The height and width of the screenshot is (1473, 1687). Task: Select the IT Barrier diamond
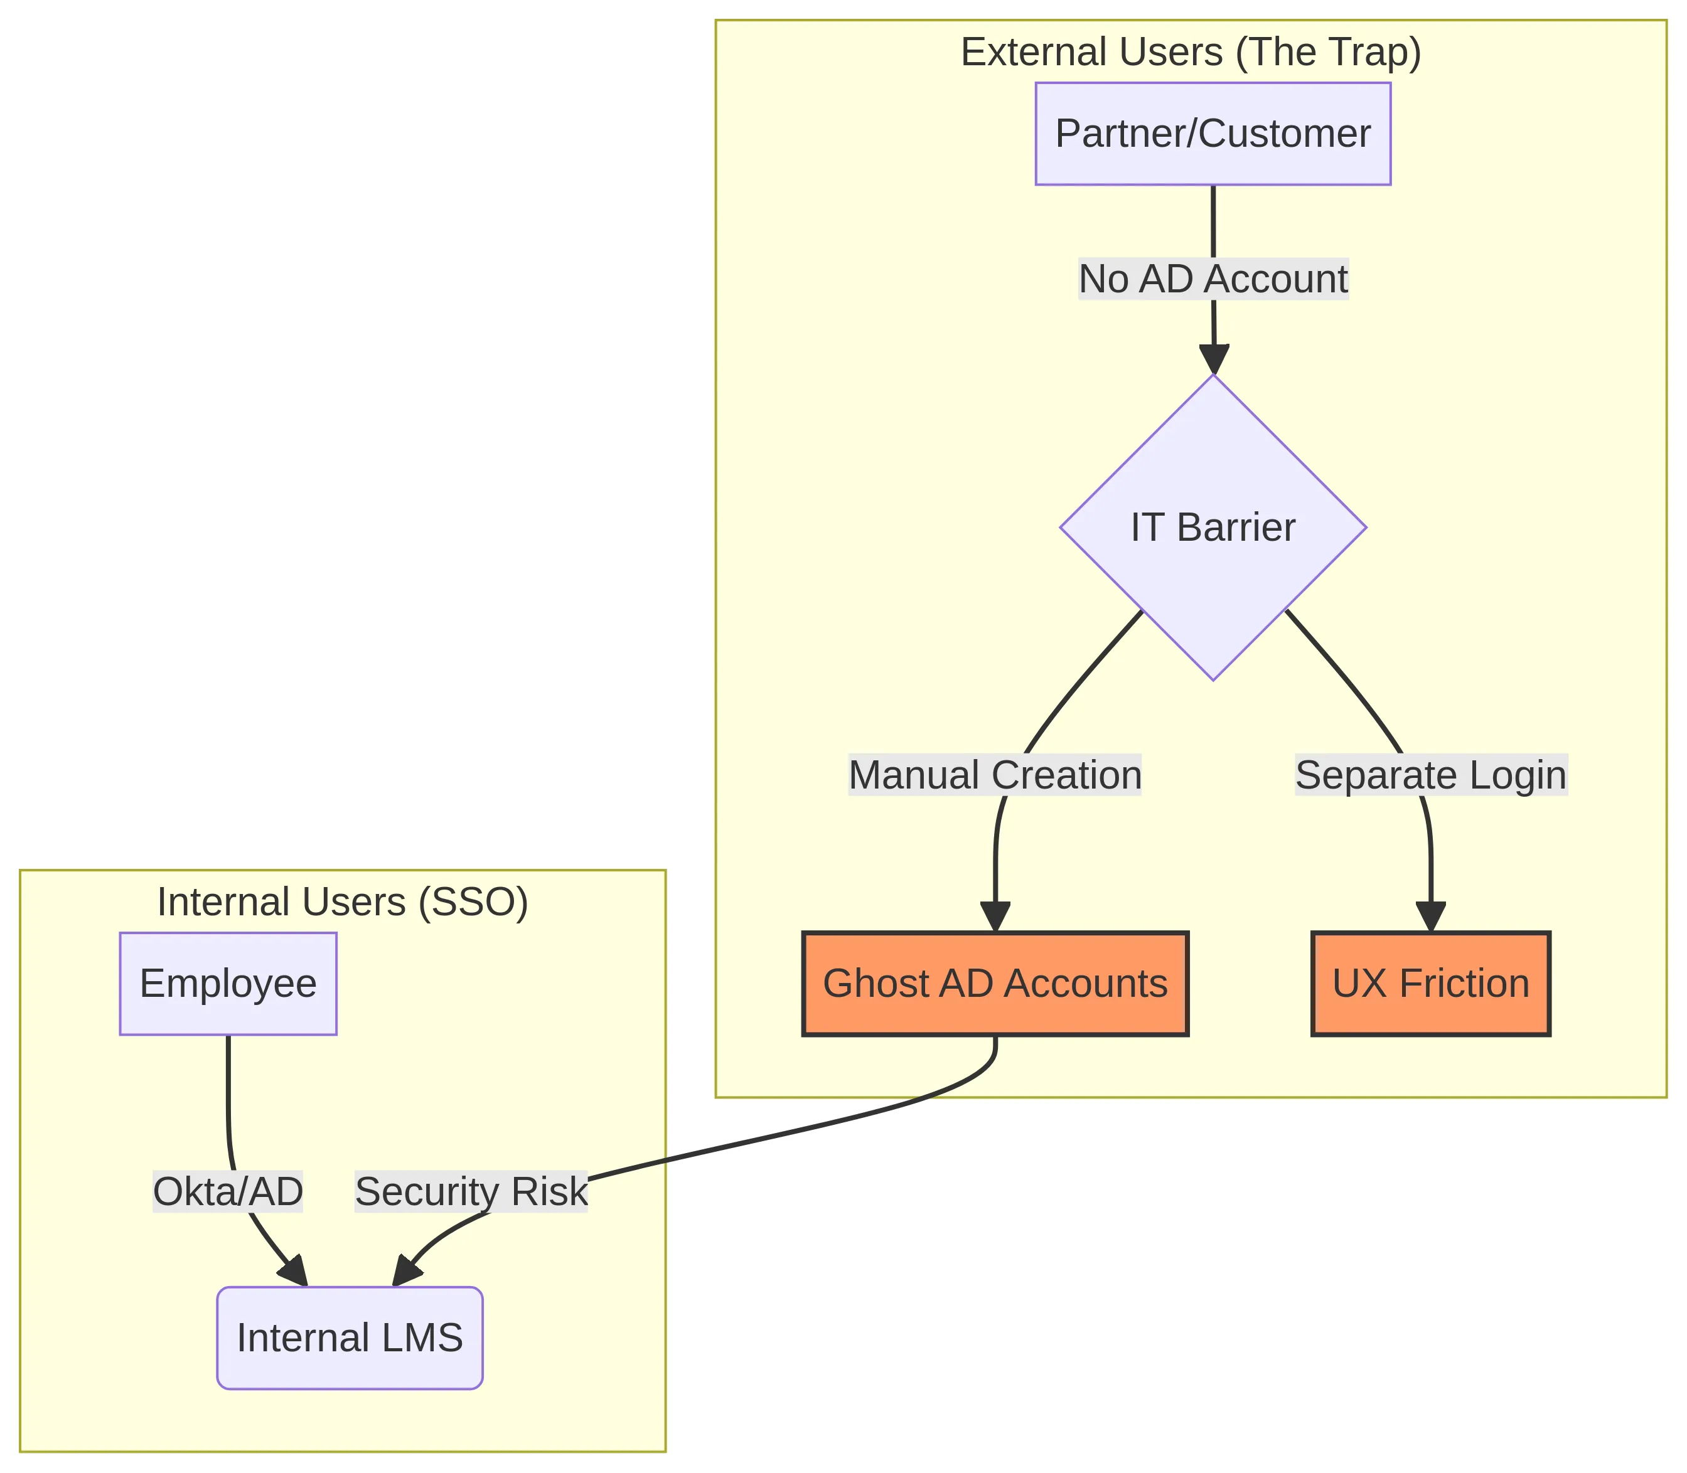click(x=1213, y=527)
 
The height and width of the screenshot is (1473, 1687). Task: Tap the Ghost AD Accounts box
click(x=995, y=984)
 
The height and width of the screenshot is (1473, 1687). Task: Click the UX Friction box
click(x=1430, y=984)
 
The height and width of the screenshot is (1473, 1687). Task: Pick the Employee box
click(x=228, y=984)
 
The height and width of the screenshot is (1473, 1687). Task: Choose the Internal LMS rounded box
click(x=350, y=1338)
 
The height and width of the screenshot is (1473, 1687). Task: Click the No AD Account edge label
click(x=1213, y=279)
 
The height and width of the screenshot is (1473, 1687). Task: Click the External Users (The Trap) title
click(x=1191, y=53)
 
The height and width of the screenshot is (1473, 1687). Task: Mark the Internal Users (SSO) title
click(x=342, y=901)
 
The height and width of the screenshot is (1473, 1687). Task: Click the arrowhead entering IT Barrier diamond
click(x=1213, y=360)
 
